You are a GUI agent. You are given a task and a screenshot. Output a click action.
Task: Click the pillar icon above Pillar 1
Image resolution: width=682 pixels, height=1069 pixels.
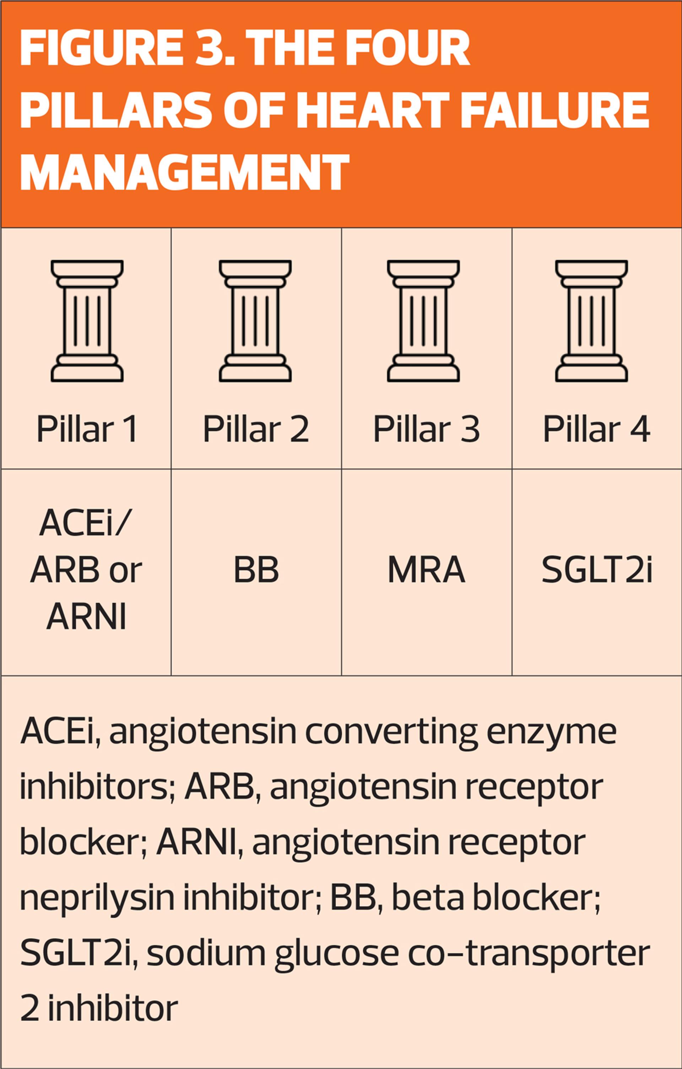pos(87,321)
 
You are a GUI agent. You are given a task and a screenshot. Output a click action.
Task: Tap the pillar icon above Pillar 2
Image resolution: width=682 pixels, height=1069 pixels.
pos(255,321)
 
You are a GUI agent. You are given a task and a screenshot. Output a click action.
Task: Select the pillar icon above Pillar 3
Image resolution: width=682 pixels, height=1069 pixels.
pos(423,321)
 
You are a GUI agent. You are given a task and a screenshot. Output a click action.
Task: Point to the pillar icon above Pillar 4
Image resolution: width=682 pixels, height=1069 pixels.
pos(591,321)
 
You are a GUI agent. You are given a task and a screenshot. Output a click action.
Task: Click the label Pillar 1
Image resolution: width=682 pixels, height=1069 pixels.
pos(87,429)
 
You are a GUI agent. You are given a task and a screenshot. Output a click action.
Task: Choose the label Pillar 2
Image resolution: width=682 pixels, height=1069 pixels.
pos(255,429)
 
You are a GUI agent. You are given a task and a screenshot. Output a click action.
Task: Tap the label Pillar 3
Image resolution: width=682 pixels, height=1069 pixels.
pos(426,429)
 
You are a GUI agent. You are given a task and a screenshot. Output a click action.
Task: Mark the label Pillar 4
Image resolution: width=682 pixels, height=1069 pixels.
pos(596,429)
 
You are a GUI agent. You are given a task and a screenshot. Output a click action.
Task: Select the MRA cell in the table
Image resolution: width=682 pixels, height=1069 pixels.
pos(426,570)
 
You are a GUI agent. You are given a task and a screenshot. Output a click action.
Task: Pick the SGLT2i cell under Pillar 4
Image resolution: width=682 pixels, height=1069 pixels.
pos(597,570)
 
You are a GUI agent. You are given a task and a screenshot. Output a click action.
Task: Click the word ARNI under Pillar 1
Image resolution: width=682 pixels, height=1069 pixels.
pos(87,617)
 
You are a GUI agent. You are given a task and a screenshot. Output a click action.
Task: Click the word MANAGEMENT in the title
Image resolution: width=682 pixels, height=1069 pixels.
pos(184,171)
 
